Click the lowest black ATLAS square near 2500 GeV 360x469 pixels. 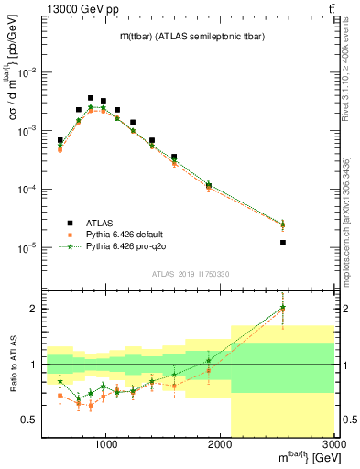click(283, 243)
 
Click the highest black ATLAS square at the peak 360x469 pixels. click(91, 98)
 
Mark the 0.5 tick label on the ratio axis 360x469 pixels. click(30, 420)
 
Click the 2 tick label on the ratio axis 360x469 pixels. click(34, 309)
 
